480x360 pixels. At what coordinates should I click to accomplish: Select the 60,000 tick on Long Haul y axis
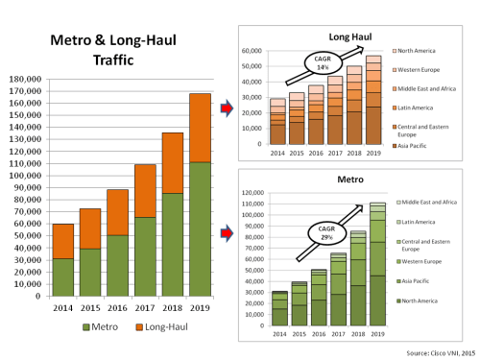[254, 51]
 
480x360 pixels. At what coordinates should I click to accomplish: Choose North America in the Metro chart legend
[422, 300]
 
